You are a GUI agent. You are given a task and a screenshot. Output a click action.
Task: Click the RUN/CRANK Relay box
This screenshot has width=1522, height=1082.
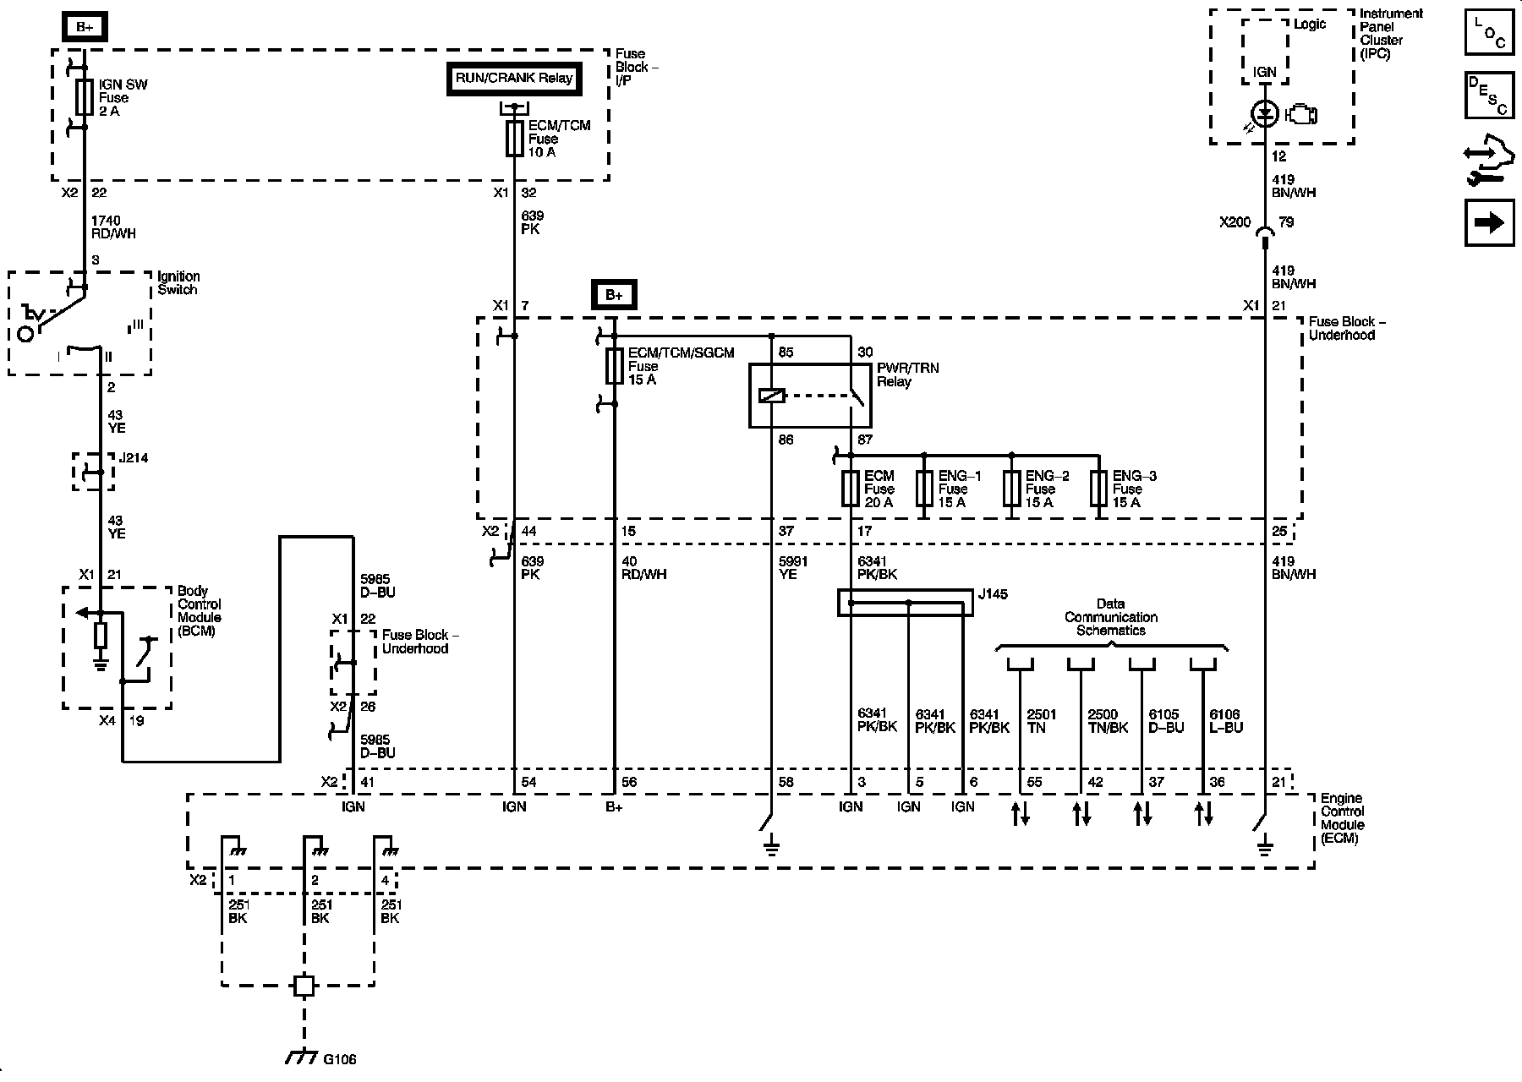[514, 79]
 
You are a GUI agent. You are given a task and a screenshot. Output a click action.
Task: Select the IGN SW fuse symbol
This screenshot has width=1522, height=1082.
[84, 98]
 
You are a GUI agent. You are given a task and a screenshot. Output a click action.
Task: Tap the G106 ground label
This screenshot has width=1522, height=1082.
[339, 1058]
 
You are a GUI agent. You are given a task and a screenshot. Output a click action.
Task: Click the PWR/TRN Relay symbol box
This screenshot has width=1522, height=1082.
[809, 396]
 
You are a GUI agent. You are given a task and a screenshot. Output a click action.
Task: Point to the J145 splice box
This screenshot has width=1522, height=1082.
[905, 603]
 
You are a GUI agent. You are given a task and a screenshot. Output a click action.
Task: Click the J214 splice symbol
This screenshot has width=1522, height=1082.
[93, 472]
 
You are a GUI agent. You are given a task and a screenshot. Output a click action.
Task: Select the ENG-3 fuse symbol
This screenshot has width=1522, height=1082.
[1098, 489]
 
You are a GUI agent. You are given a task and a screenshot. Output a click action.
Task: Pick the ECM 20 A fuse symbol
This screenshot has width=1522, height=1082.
[851, 489]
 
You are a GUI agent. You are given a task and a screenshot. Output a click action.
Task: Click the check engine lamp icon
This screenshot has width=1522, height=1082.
[1300, 114]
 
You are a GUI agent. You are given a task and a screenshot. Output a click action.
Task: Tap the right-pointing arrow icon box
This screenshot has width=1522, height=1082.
[1489, 222]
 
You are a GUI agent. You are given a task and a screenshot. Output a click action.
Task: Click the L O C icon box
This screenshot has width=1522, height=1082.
[1489, 33]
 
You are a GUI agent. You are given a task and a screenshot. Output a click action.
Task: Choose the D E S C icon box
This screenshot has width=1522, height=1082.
[1489, 95]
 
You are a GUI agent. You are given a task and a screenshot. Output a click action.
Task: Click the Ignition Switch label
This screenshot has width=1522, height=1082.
[178, 283]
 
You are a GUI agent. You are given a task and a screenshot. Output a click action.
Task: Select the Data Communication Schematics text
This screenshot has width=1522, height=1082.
[1110, 617]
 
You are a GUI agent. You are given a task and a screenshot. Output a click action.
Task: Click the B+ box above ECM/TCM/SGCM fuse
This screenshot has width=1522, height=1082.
[614, 295]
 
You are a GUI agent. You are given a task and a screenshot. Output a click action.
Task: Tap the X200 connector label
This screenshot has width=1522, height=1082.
[1235, 222]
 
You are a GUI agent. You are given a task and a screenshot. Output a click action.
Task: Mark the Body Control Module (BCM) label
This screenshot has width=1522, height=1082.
[200, 611]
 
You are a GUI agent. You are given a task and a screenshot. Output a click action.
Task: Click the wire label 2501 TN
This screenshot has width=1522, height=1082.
[1041, 721]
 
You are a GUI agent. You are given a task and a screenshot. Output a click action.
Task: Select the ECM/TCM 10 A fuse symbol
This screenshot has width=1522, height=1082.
[514, 139]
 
